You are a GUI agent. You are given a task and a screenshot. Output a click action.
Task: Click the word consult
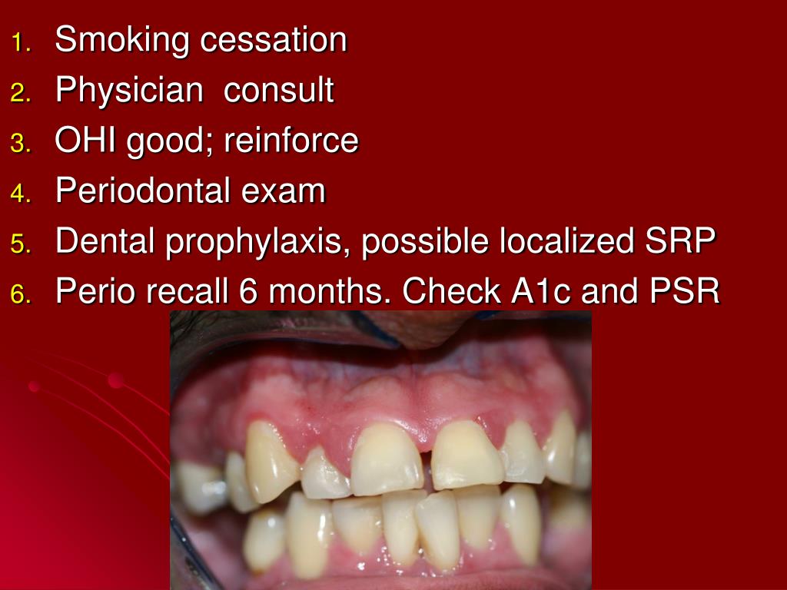click(278, 91)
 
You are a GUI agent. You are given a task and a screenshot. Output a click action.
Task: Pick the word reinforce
click(291, 141)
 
